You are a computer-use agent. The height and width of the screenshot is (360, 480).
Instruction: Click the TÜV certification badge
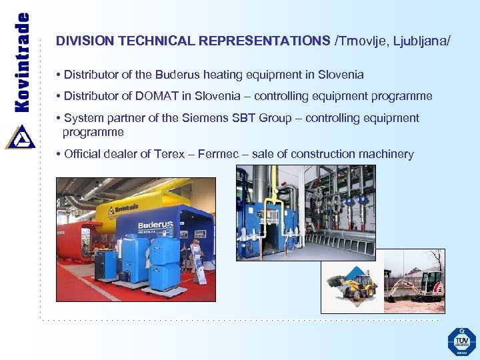coord(461,341)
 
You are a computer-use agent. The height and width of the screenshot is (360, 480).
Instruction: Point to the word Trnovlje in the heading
coord(361,41)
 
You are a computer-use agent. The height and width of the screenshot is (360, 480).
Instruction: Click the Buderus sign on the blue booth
coord(155,225)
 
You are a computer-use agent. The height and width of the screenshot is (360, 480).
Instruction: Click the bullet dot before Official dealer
coord(59,154)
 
